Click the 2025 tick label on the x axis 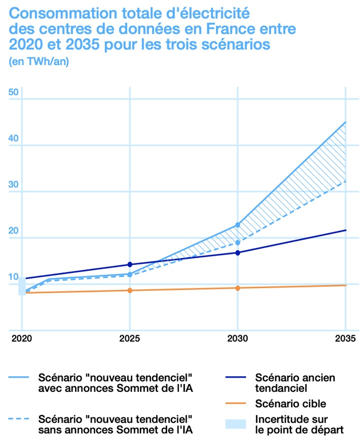click(x=129, y=339)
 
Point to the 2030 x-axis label click(x=237, y=339)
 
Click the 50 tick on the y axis click(x=13, y=93)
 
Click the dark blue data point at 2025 click(x=130, y=265)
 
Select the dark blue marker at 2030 click(x=237, y=253)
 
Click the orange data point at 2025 click(x=130, y=290)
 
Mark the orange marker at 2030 click(x=237, y=288)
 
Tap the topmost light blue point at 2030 click(x=237, y=225)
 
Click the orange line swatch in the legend click(x=235, y=403)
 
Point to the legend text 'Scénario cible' click(x=291, y=403)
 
